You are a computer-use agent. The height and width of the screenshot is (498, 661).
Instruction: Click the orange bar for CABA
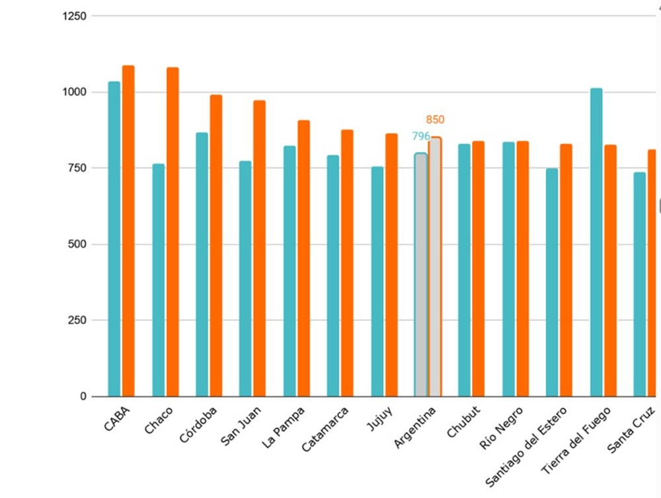coord(128,231)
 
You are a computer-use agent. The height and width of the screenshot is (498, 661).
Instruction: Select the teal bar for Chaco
coord(159,281)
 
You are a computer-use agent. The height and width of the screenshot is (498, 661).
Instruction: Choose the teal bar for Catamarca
coord(333,276)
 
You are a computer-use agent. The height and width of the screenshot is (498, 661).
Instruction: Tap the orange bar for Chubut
coord(479,269)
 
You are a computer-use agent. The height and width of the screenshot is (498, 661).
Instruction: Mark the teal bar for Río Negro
coord(508,269)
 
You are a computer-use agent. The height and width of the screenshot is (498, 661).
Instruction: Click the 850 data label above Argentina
coord(435,120)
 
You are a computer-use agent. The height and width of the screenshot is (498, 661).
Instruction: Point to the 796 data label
coord(421,137)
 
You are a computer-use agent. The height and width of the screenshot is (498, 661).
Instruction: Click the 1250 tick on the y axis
coord(75,16)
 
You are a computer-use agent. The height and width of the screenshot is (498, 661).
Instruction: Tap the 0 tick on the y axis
coord(83,396)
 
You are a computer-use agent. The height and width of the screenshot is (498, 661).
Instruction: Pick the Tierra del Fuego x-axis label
coord(576,440)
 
